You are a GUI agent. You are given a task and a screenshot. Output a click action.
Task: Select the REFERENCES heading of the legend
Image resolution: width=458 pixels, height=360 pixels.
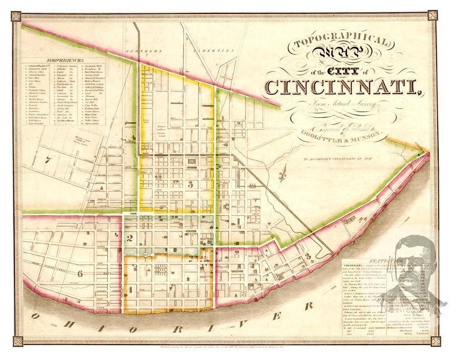click(64, 60)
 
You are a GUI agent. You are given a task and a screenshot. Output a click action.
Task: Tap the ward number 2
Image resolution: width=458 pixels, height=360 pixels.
click(129, 239)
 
